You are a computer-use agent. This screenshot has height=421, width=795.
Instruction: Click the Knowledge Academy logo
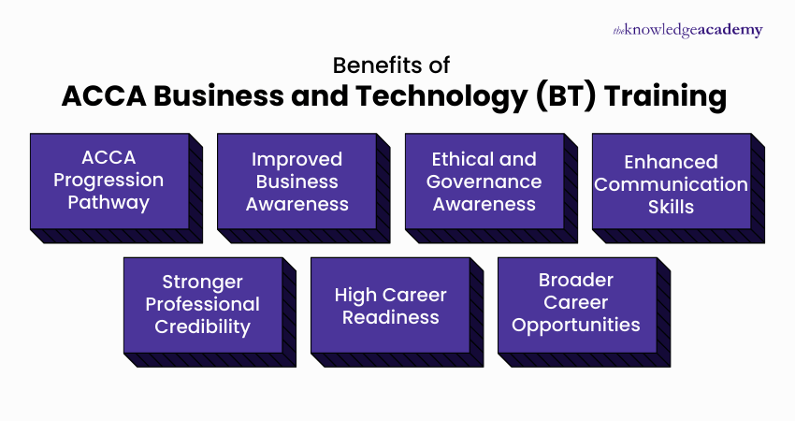point(687,30)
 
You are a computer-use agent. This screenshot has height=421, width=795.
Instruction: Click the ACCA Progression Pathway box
point(108,181)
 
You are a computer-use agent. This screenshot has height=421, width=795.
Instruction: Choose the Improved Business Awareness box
point(296,181)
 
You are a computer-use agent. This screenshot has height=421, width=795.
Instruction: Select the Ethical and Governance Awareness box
point(484,181)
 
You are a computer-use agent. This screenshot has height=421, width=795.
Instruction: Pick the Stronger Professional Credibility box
point(203,304)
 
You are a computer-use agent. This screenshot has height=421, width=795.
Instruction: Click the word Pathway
point(108,202)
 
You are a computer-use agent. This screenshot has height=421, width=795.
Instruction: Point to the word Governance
point(484,181)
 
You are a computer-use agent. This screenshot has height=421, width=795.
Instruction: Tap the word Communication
point(671,184)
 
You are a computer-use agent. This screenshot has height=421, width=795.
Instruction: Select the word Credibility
point(203,327)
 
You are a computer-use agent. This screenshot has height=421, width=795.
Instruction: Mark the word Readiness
point(390,317)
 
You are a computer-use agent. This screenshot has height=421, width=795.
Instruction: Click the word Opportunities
point(576,326)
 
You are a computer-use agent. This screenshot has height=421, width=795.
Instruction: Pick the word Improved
point(296,159)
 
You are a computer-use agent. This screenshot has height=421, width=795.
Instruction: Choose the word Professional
point(203,304)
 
